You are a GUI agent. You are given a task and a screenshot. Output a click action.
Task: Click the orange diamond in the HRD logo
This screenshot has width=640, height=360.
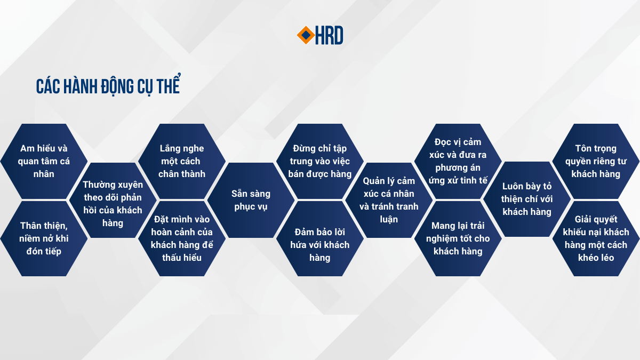[x=306, y=35]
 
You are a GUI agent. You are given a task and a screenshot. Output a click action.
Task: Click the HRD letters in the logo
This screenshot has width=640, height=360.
[x=329, y=35]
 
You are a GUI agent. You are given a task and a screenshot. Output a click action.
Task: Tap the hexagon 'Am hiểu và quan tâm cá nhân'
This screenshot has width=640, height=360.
[x=44, y=161]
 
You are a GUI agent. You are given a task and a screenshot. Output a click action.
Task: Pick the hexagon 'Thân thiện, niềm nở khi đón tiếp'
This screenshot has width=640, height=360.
[x=44, y=238]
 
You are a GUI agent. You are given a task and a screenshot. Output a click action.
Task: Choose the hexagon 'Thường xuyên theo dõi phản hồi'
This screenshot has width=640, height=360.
[x=113, y=201]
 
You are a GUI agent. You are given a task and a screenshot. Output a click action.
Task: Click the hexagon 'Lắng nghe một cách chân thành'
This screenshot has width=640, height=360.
[x=182, y=161]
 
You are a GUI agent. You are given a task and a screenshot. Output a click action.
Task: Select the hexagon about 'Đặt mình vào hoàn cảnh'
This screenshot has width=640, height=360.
[x=182, y=238]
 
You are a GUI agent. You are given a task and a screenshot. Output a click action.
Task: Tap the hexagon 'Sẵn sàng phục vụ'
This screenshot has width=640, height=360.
[x=251, y=201]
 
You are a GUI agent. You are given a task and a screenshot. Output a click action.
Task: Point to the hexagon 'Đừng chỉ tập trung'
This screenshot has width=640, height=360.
[x=319, y=161]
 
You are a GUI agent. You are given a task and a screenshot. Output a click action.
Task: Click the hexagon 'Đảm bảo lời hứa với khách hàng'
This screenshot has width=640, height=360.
[x=319, y=238]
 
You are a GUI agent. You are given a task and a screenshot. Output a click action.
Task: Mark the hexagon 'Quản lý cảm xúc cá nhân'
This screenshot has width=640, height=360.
[x=389, y=201]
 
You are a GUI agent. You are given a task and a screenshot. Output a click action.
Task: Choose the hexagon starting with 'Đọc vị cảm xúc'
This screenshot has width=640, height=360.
[x=458, y=161]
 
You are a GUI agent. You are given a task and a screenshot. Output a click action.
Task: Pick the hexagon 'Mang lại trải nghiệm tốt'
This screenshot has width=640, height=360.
[x=458, y=238]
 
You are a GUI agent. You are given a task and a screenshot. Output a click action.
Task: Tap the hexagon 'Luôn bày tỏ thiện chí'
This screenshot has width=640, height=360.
[x=527, y=199]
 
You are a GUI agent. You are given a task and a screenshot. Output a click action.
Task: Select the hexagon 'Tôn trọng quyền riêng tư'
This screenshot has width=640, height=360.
[x=596, y=161]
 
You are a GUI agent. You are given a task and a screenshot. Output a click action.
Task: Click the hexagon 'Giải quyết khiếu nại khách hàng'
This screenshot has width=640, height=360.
[x=596, y=238]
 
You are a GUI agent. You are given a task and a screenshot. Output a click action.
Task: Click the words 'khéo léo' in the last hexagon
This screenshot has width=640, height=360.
[x=596, y=258]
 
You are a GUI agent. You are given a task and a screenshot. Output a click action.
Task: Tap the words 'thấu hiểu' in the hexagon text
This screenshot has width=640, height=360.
[x=182, y=258]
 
